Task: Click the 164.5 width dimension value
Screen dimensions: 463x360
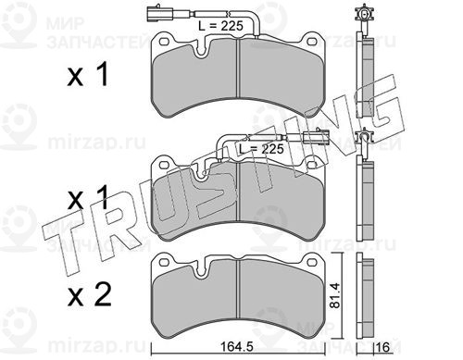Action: tap(238, 347)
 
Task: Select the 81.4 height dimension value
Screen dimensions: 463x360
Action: tap(334, 294)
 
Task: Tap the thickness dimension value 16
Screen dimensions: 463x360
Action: tap(383, 348)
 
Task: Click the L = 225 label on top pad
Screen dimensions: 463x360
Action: tap(220, 26)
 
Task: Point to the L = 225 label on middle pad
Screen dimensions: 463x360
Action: tap(261, 149)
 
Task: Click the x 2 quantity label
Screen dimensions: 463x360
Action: tap(89, 295)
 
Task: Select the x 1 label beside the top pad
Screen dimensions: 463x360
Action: tap(88, 74)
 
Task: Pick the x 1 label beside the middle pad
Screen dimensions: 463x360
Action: tap(88, 197)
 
